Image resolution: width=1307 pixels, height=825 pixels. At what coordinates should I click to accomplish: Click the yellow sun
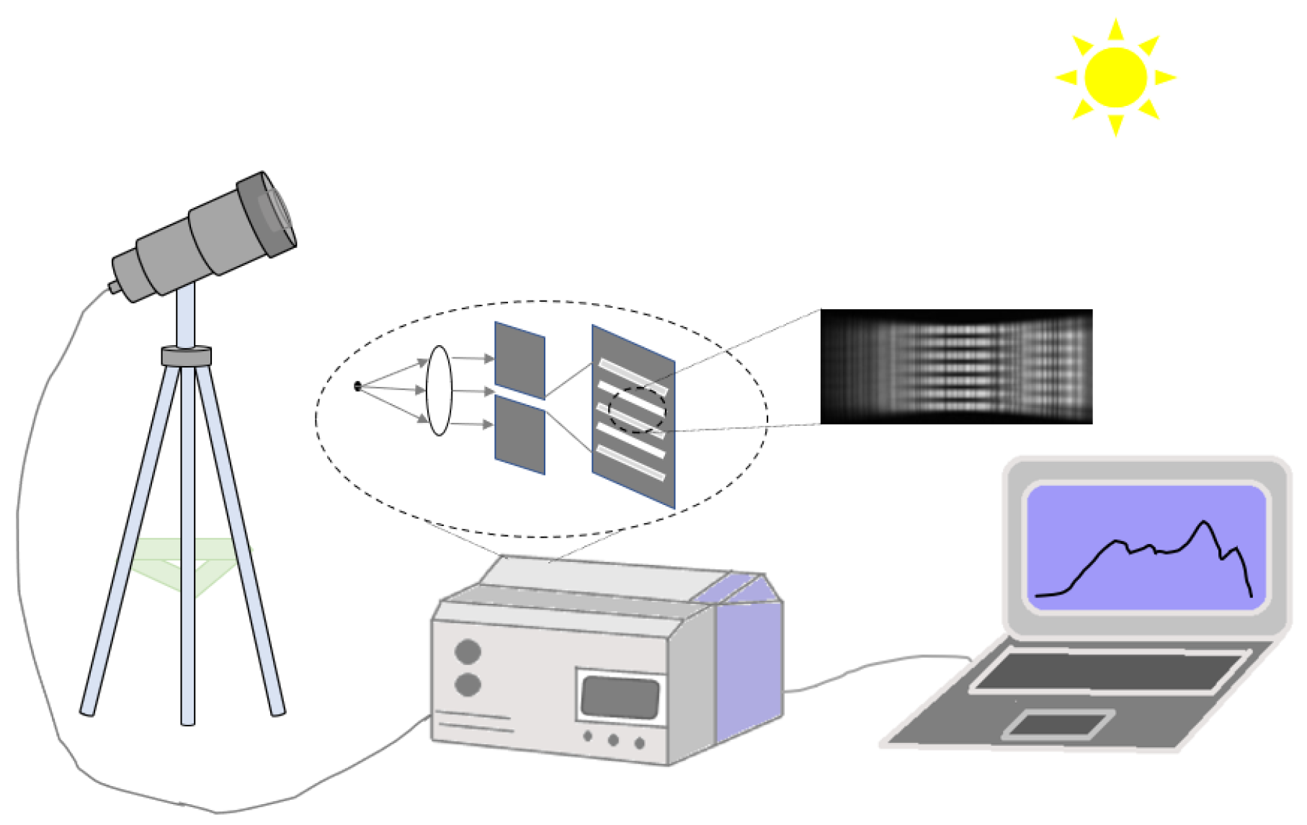pyautogui.click(x=1115, y=77)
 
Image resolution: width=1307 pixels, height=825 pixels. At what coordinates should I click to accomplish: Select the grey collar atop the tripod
pyautogui.click(x=186, y=356)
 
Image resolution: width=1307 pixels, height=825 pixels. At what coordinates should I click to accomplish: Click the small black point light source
pyautogui.click(x=357, y=387)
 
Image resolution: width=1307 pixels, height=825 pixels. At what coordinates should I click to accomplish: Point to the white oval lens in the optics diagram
pyautogui.click(x=439, y=391)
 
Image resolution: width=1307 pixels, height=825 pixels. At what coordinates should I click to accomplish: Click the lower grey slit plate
pyautogui.click(x=519, y=435)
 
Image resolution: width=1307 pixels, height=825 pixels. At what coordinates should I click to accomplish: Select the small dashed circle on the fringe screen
pyautogui.click(x=637, y=410)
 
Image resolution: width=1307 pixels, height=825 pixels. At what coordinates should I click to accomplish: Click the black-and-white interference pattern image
pyautogui.click(x=956, y=366)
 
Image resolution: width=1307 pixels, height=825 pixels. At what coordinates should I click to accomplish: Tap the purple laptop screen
pyautogui.click(x=1146, y=548)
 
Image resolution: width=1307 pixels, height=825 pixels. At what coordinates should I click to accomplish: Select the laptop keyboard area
pyautogui.click(x=1110, y=672)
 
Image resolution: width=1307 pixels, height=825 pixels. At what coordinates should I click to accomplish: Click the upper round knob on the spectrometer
pyautogui.click(x=468, y=651)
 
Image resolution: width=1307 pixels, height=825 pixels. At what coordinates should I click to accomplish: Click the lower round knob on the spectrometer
pyautogui.click(x=468, y=684)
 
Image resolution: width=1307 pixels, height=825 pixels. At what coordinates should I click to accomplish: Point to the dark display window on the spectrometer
pyautogui.click(x=620, y=697)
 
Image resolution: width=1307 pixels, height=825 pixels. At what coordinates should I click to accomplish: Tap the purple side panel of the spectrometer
pyautogui.click(x=749, y=670)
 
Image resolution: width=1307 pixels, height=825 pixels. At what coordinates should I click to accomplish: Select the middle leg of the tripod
pyautogui.click(x=187, y=548)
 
